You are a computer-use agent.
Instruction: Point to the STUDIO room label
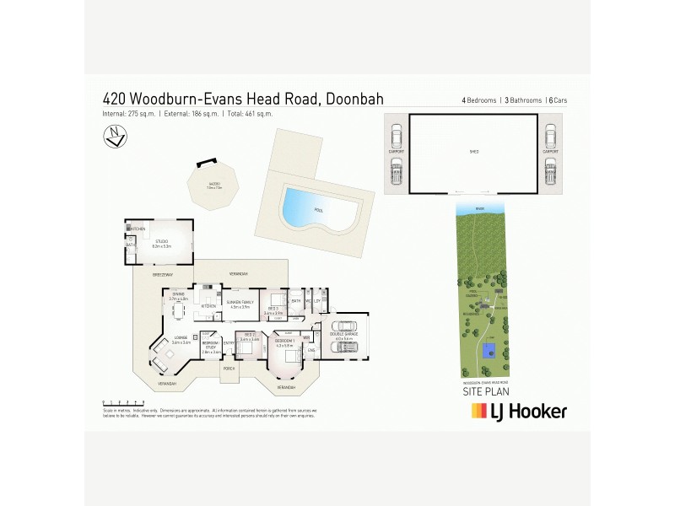click(159, 243)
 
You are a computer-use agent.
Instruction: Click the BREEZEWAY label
click(162, 275)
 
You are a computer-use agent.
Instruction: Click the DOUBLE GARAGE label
click(342, 336)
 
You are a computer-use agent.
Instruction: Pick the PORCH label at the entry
click(228, 369)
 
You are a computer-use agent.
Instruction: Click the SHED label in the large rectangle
click(473, 153)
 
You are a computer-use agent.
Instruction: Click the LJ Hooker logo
click(518, 412)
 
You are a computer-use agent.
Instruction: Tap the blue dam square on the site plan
click(489, 349)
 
